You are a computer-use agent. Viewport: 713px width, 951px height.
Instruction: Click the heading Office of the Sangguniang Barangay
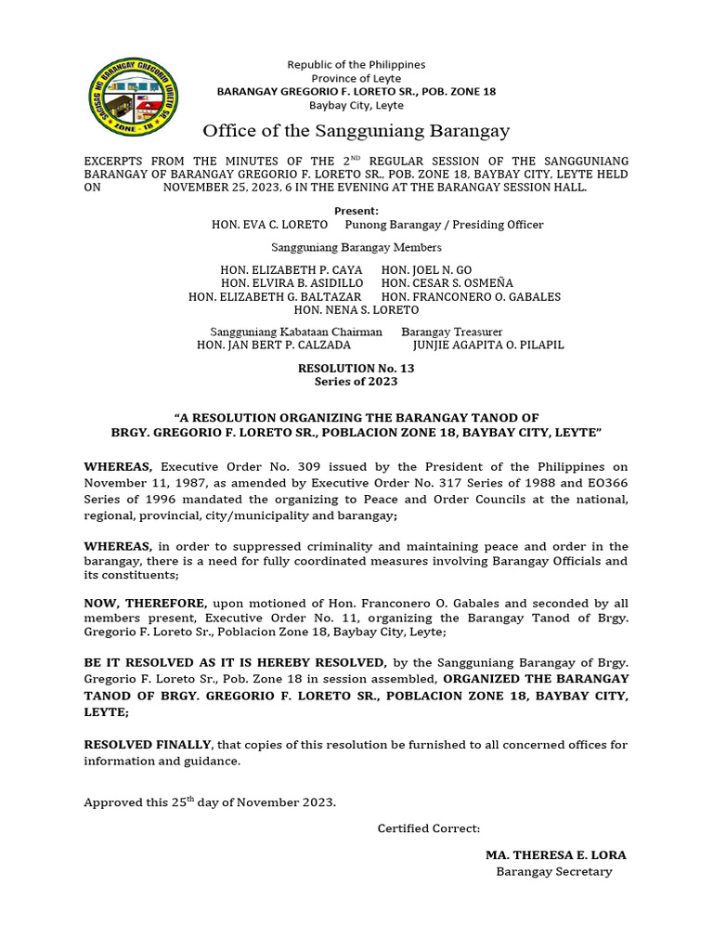tap(356, 130)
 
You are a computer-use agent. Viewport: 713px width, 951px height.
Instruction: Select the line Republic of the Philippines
tap(356, 64)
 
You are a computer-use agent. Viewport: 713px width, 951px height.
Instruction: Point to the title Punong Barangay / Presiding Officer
tap(444, 225)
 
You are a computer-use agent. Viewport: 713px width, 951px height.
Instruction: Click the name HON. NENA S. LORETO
tap(356, 310)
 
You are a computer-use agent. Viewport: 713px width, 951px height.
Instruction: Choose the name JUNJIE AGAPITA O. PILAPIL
tap(487, 345)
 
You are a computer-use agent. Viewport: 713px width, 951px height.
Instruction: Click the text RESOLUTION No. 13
tap(356, 368)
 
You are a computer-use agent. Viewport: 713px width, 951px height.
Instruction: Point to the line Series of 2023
tap(356, 381)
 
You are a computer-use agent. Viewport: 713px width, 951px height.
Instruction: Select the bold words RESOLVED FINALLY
tap(149, 745)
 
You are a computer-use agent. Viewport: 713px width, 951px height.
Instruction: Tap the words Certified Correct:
tap(428, 827)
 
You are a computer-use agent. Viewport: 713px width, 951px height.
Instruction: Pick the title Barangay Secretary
tap(553, 871)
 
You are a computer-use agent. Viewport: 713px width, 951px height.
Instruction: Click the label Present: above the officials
tap(356, 211)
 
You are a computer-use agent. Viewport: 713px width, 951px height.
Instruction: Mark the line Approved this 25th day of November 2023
tap(210, 801)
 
